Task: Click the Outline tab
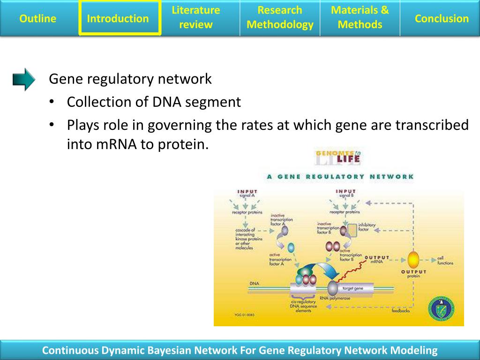click(37, 19)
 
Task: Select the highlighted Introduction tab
click(118, 19)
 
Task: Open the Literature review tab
click(195, 18)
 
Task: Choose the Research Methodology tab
click(280, 18)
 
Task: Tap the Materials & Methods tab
click(360, 18)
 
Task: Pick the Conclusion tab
click(442, 19)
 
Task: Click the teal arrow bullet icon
click(24, 79)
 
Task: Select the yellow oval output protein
click(413, 260)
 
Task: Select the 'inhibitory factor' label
click(367, 227)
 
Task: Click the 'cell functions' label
click(445, 261)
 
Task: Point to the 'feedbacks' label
click(400, 311)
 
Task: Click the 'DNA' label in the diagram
click(255, 284)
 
